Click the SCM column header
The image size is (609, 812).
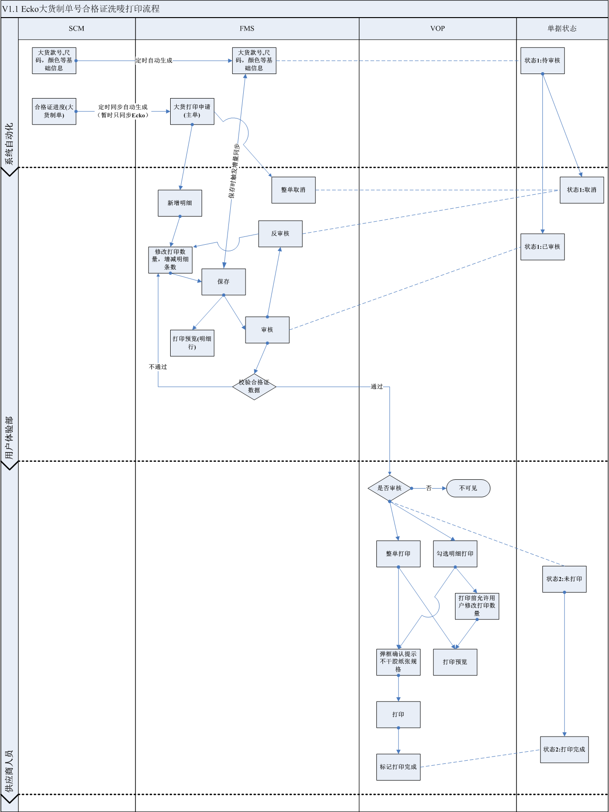point(77,29)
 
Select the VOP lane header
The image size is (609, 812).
point(437,29)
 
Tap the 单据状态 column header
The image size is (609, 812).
point(562,29)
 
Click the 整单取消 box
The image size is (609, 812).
point(294,190)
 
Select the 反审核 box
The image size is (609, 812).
point(280,234)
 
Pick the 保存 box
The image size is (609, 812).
point(223,282)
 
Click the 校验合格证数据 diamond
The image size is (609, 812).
point(254,386)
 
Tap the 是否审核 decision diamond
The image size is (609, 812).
point(389,488)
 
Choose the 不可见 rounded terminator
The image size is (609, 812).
point(468,488)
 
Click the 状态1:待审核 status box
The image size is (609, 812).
point(542,61)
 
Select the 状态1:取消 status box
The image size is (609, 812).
point(582,190)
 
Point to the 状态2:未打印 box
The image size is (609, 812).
point(564,579)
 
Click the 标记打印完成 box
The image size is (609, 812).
point(398,767)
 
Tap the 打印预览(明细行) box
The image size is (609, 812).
point(192,343)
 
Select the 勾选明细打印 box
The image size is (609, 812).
point(455,554)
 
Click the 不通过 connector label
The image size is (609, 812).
point(158,367)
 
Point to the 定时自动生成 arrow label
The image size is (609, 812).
point(154,61)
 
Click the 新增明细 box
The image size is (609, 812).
point(180,203)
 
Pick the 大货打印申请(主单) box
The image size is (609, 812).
point(192,111)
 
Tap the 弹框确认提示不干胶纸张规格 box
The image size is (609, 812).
point(398,662)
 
